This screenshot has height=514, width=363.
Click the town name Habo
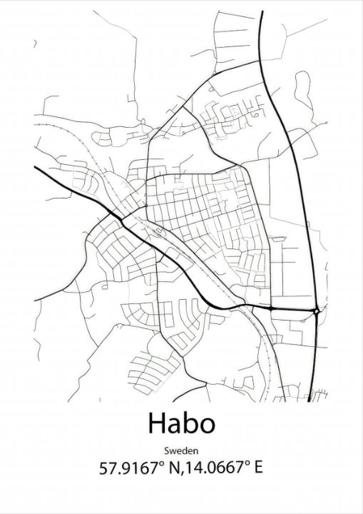coord(181,423)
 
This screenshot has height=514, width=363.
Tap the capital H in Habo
coord(158,423)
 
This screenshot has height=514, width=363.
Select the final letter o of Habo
coord(205,425)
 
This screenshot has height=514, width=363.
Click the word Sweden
coord(181,450)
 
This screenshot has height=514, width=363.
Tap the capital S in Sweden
coord(166,450)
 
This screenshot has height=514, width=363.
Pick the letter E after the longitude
coord(258,468)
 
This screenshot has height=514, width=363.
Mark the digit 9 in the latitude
coord(125,468)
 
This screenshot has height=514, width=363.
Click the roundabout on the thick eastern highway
coord(316,311)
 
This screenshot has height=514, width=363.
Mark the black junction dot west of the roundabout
coord(272,308)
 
